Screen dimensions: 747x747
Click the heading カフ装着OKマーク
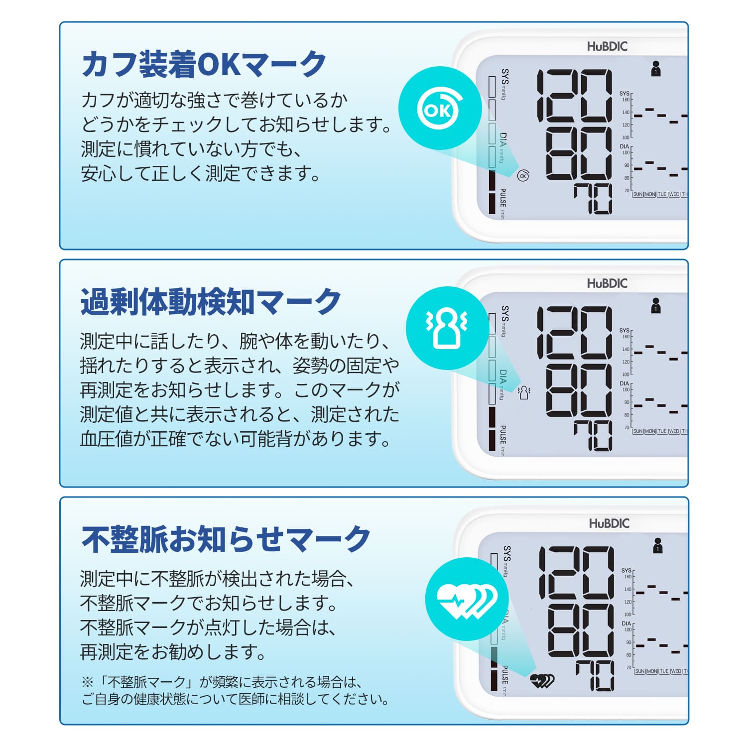204,64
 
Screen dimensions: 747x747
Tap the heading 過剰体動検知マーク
211,302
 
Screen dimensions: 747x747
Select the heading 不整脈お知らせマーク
226,539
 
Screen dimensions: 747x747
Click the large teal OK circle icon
440,108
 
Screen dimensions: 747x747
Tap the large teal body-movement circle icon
447,328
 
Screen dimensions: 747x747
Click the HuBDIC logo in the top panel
607,47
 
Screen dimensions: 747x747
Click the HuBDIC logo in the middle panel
607,284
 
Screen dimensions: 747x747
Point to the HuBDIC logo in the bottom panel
609,524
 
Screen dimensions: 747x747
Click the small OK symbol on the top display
523,176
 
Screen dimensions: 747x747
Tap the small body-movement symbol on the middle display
524,393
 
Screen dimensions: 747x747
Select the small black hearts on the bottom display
542,680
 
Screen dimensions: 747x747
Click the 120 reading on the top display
574,95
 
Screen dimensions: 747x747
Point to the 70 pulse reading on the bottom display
595,676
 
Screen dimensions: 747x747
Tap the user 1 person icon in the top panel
656,69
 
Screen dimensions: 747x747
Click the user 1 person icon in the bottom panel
658,546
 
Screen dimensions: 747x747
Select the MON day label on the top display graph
650,194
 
